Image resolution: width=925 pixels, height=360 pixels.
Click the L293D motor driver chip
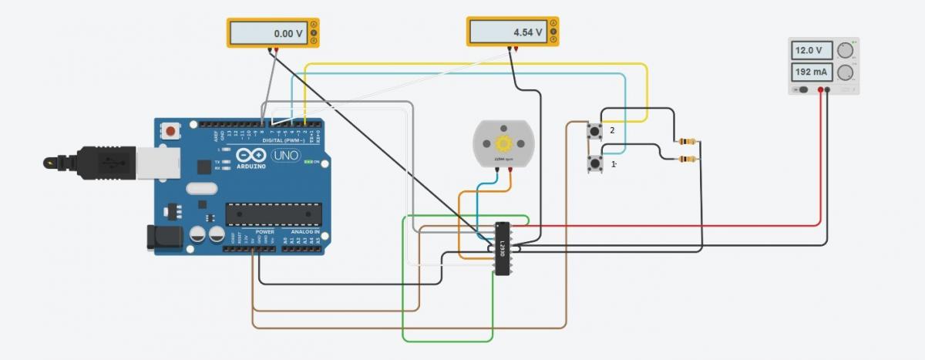click(502, 248)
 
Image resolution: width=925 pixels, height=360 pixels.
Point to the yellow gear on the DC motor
click(503, 143)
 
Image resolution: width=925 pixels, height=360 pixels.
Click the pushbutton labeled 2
click(594, 131)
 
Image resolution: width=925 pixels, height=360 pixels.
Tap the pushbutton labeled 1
click(594, 163)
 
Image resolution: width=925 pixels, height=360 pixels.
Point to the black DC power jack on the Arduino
click(164, 237)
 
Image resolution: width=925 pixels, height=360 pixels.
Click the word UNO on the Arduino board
click(285, 155)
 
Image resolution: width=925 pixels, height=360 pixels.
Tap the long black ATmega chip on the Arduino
click(273, 214)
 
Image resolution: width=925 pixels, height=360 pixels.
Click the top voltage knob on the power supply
click(846, 51)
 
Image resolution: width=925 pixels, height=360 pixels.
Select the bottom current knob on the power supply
click(846, 73)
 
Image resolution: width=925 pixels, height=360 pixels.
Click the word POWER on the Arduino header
click(264, 231)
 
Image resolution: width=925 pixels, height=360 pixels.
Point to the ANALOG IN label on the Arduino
click(305, 231)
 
